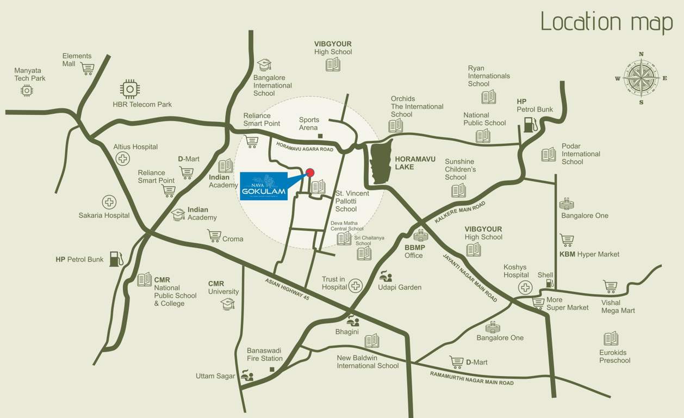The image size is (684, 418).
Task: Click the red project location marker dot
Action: [x=310, y=173]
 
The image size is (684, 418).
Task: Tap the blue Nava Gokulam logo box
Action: [x=263, y=186]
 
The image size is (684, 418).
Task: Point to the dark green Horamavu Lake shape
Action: [x=380, y=161]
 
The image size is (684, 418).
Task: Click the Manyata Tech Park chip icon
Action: [x=27, y=90]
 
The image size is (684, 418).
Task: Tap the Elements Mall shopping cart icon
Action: [x=87, y=69]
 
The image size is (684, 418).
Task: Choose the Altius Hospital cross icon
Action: [x=123, y=158]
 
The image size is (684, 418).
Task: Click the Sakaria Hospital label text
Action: [x=104, y=216]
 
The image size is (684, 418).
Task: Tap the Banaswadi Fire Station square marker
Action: [x=272, y=370]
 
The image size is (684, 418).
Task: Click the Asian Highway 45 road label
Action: [x=287, y=289]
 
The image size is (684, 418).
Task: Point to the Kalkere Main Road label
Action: [x=459, y=212]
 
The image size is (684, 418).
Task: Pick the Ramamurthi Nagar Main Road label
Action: [x=471, y=378]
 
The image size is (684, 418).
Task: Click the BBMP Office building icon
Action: [x=421, y=236]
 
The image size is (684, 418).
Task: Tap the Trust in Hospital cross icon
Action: [x=356, y=285]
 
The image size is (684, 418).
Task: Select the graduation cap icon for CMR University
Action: [x=227, y=304]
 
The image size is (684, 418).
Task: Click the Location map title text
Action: [x=607, y=22]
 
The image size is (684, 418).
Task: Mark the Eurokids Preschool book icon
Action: [x=611, y=339]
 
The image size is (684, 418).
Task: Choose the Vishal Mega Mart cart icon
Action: [x=610, y=287]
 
